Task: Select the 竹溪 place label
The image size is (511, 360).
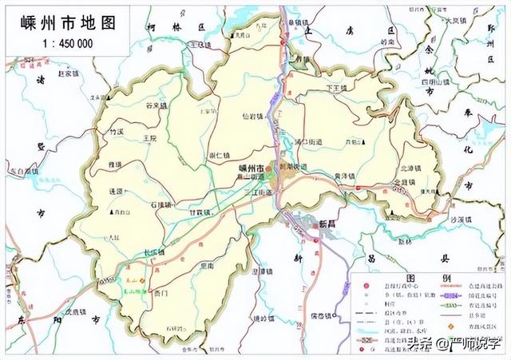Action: click(x=117, y=130)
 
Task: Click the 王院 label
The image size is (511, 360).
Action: click(x=149, y=138)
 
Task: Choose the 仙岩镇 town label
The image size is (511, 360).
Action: click(x=253, y=116)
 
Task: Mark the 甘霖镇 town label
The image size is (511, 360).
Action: click(x=200, y=212)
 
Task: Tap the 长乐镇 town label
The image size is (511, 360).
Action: click(x=153, y=252)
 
